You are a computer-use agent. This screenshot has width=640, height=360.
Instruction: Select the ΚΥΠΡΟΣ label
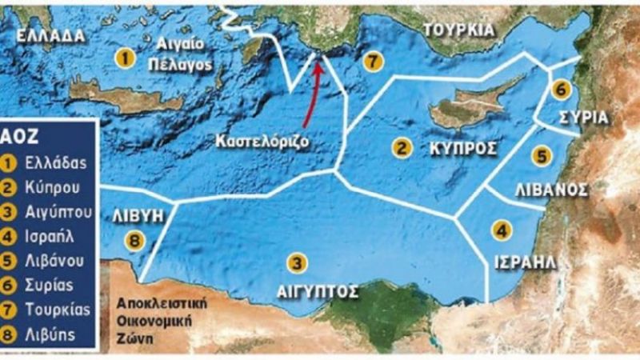click(463, 149)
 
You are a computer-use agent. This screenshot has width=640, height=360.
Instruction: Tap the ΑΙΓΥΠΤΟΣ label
click(318, 291)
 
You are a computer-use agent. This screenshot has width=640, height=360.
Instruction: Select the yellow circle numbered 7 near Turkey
click(370, 62)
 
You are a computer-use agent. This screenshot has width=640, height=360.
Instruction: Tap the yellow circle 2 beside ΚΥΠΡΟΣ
click(402, 147)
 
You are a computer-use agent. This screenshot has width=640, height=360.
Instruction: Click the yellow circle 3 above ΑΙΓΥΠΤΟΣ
click(298, 262)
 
